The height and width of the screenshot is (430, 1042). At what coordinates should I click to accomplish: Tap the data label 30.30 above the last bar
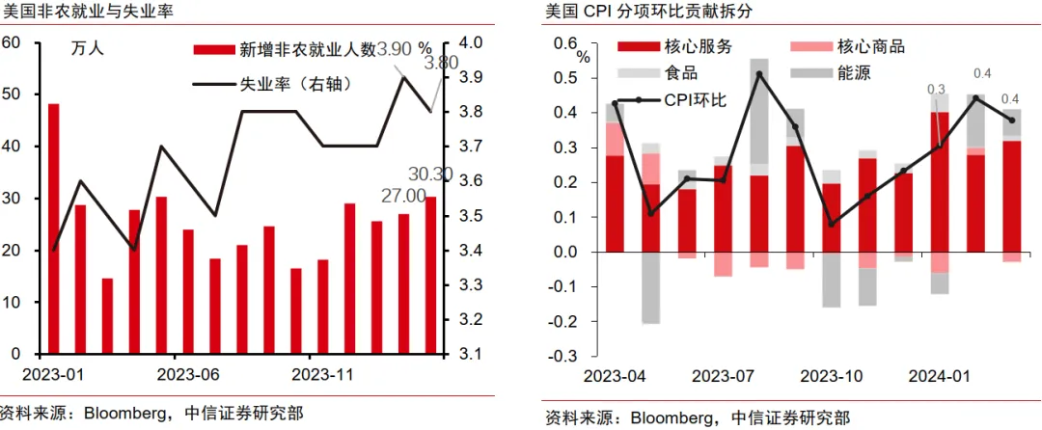[x=430, y=175]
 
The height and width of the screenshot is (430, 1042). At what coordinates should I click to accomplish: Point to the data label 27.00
[x=403, y=196]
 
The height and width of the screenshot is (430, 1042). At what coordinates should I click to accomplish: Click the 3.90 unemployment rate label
[x=394, y=48]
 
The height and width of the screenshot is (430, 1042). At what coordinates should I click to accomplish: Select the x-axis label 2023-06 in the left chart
[x=189, y=373]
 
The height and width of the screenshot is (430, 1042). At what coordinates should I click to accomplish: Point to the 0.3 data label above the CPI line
[x=936, y=90]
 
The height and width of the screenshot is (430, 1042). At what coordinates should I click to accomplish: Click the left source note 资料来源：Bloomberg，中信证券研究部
[x=151, y=414]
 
